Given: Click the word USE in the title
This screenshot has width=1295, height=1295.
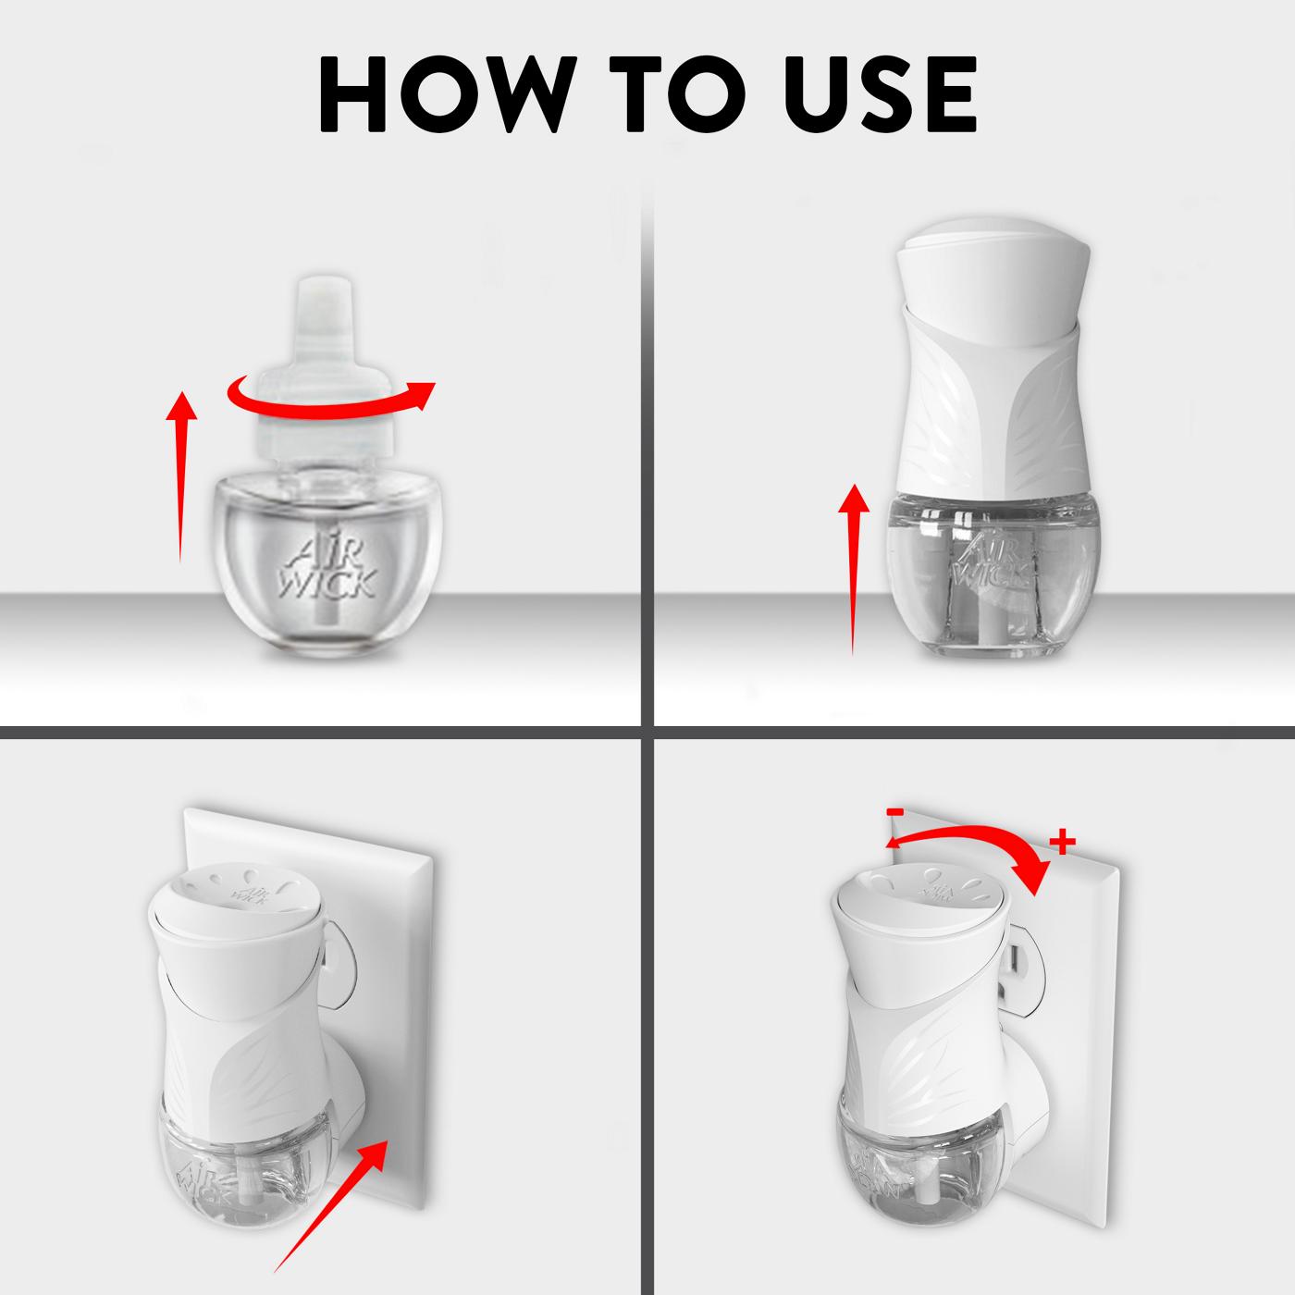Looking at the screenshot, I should click(x=870, y=95).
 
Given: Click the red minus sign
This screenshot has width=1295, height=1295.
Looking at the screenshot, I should click(x=894, y=812).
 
